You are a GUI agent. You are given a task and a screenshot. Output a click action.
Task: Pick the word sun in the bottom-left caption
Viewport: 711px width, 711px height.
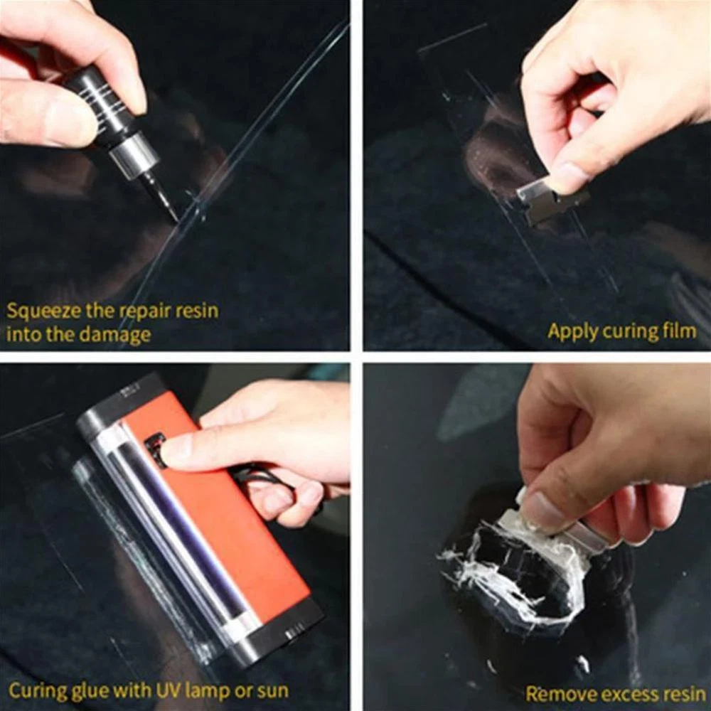[x=274, y=691]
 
